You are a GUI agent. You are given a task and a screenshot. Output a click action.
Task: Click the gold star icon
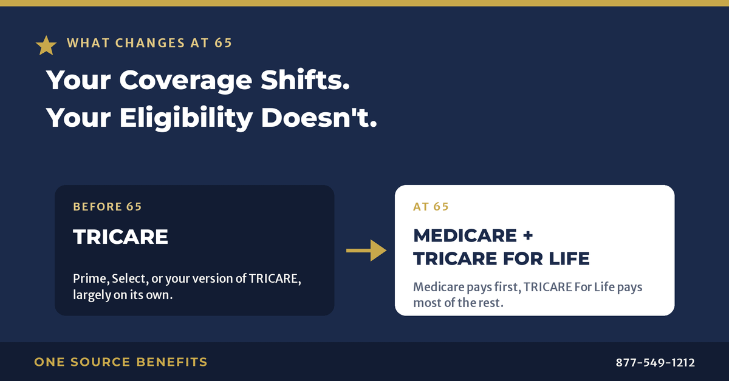[46, 46]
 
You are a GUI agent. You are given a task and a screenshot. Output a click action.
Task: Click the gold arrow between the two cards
[366, 251]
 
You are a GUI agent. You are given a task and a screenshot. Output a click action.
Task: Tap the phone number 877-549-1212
[655, 362]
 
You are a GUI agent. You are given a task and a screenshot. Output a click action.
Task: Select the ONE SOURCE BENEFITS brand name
[121, 362]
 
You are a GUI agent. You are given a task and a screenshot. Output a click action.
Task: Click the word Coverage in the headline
[185, 81]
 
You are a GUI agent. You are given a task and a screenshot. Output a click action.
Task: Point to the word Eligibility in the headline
[186, 118]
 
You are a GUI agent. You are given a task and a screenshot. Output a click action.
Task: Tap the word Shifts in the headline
[305, 79]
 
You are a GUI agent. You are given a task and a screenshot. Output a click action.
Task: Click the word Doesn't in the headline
[319, 117]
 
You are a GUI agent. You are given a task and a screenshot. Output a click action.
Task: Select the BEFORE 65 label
[108, 207]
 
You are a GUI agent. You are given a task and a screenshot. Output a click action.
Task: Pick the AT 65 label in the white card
[431, 207]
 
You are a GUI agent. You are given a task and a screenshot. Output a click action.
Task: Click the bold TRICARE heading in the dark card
[120, 237]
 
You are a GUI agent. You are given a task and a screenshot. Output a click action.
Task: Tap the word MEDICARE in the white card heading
[465, 235]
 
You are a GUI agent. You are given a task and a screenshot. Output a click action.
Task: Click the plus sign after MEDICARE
[528, 235]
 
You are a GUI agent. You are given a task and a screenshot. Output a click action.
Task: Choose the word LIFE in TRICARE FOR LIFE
[569, 259]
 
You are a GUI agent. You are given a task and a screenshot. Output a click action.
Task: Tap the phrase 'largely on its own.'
[123, 295]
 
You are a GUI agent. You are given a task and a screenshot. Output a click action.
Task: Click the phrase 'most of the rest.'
[458, 303]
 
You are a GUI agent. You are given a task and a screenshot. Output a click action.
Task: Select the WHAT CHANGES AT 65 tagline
[149, 43]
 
